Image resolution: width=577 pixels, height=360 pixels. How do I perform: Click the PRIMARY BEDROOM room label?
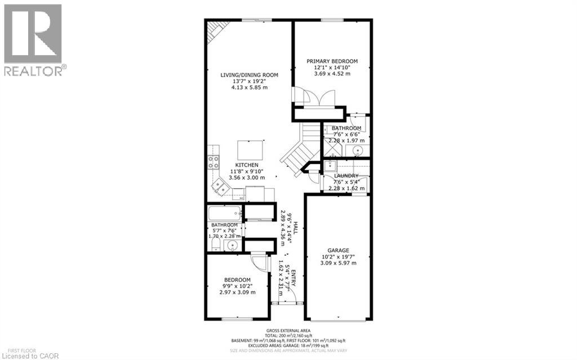point(332,61)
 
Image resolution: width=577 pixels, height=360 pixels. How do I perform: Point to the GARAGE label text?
point(339,250)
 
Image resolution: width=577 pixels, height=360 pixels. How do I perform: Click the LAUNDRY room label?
point(346,176)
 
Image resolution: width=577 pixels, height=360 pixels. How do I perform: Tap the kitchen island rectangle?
point(250,150)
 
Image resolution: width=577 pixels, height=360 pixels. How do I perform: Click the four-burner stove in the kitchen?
point(214,162)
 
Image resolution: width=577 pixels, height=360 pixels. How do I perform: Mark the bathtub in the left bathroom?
point(225,213)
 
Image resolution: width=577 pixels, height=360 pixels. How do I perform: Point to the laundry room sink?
point(330,166)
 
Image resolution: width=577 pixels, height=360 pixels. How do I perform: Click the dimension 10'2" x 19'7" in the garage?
point(339,257)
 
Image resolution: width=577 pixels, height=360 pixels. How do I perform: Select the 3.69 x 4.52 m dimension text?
point(332,74)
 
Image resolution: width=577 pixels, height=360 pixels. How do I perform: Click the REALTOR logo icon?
point(33,34)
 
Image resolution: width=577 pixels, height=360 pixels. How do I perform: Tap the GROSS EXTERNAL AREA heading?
point(289,330)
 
